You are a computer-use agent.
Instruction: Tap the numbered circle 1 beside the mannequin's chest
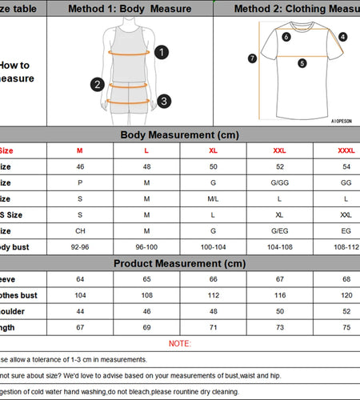click(162, 53)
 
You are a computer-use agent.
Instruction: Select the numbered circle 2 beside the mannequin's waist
click(98, 84)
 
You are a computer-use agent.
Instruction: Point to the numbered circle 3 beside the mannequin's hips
click(163, 101)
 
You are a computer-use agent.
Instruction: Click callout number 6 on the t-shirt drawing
click(286, 36)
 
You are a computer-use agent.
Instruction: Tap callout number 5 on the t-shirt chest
click(302, 63)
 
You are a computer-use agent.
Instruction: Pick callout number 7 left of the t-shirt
click(252, 58)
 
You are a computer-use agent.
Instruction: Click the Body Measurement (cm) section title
click(179, 135)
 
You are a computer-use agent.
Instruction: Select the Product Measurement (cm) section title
click(179, 263)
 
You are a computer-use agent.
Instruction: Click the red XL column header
click(213, 150)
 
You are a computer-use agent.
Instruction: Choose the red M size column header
click(79, 150)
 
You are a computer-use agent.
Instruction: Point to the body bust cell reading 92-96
click(79, 247)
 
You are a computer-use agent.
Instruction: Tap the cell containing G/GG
click(279, 182)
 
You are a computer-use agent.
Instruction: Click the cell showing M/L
click(213, 198)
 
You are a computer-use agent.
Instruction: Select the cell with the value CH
click(79, 231)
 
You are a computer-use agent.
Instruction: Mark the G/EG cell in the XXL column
click(279, 231)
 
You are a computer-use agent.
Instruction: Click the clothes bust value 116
click(279, 295)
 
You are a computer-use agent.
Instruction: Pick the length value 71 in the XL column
click(213, 327)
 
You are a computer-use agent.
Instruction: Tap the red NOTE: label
click(180, 343)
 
